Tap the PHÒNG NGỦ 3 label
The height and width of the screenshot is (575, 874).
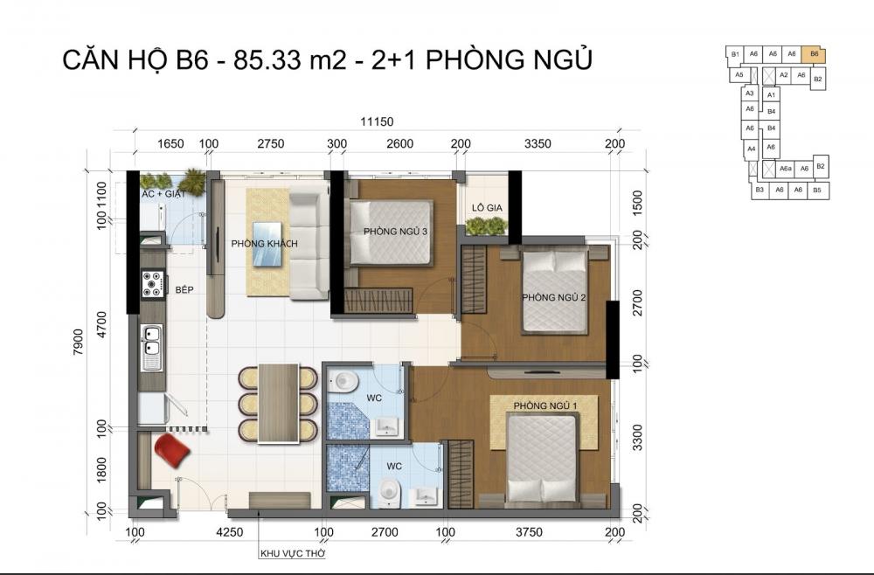point(395,232)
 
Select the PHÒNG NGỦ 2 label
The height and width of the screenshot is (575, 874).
point(553,298)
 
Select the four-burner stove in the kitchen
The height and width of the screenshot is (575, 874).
point(152,283)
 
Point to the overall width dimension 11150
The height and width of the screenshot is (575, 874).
point(377,122)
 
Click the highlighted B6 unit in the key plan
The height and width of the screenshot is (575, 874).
point(815,54)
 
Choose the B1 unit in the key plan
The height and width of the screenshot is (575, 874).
point(736,54)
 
